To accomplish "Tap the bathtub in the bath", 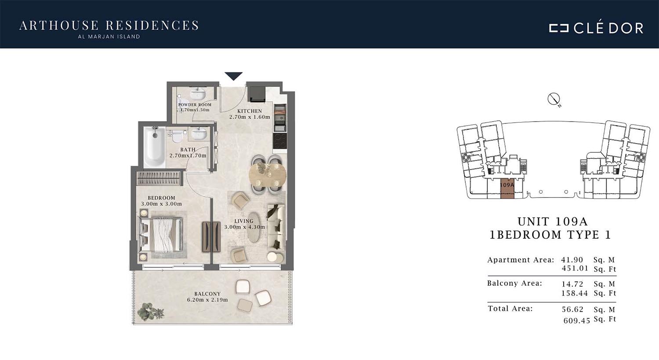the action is click(x=155, y=147).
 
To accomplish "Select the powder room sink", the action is click(x=198, y=94).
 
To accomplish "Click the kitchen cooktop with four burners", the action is click(x=279, y=141).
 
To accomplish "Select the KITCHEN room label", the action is click(x=250, y=111).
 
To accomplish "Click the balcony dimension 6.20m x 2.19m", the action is click(x=207, y=300).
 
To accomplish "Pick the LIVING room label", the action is click(x=244, y=221).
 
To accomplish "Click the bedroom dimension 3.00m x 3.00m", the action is click(x=162, y=204).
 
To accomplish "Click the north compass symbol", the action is click(x=554, y=99).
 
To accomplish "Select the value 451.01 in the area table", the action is click(x=575, y=268).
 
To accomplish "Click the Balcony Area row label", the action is click(x=514, y=283).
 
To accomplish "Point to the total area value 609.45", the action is click(x=576, y=320).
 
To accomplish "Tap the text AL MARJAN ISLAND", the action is click(x=109, y=37).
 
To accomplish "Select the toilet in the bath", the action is click(x=177, y=136).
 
